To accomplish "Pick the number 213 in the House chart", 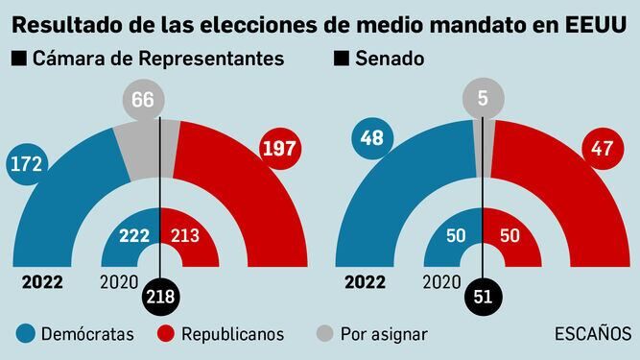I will tap(184, 235).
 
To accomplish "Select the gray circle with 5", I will tap(482, 97).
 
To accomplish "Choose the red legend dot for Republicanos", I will tap(164, 334).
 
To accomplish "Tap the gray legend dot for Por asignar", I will tap(326, 334).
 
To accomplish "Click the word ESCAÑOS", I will tap(593, 334).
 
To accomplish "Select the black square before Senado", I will tap(341, 60).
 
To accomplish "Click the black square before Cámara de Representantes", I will tap(18, 60).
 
